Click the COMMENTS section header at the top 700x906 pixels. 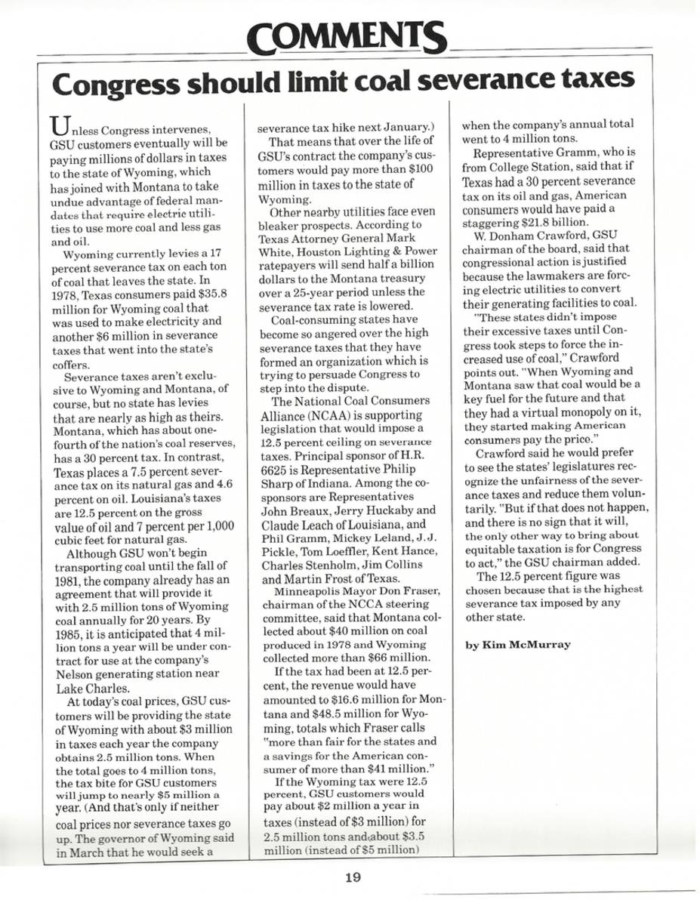pos(348,34)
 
